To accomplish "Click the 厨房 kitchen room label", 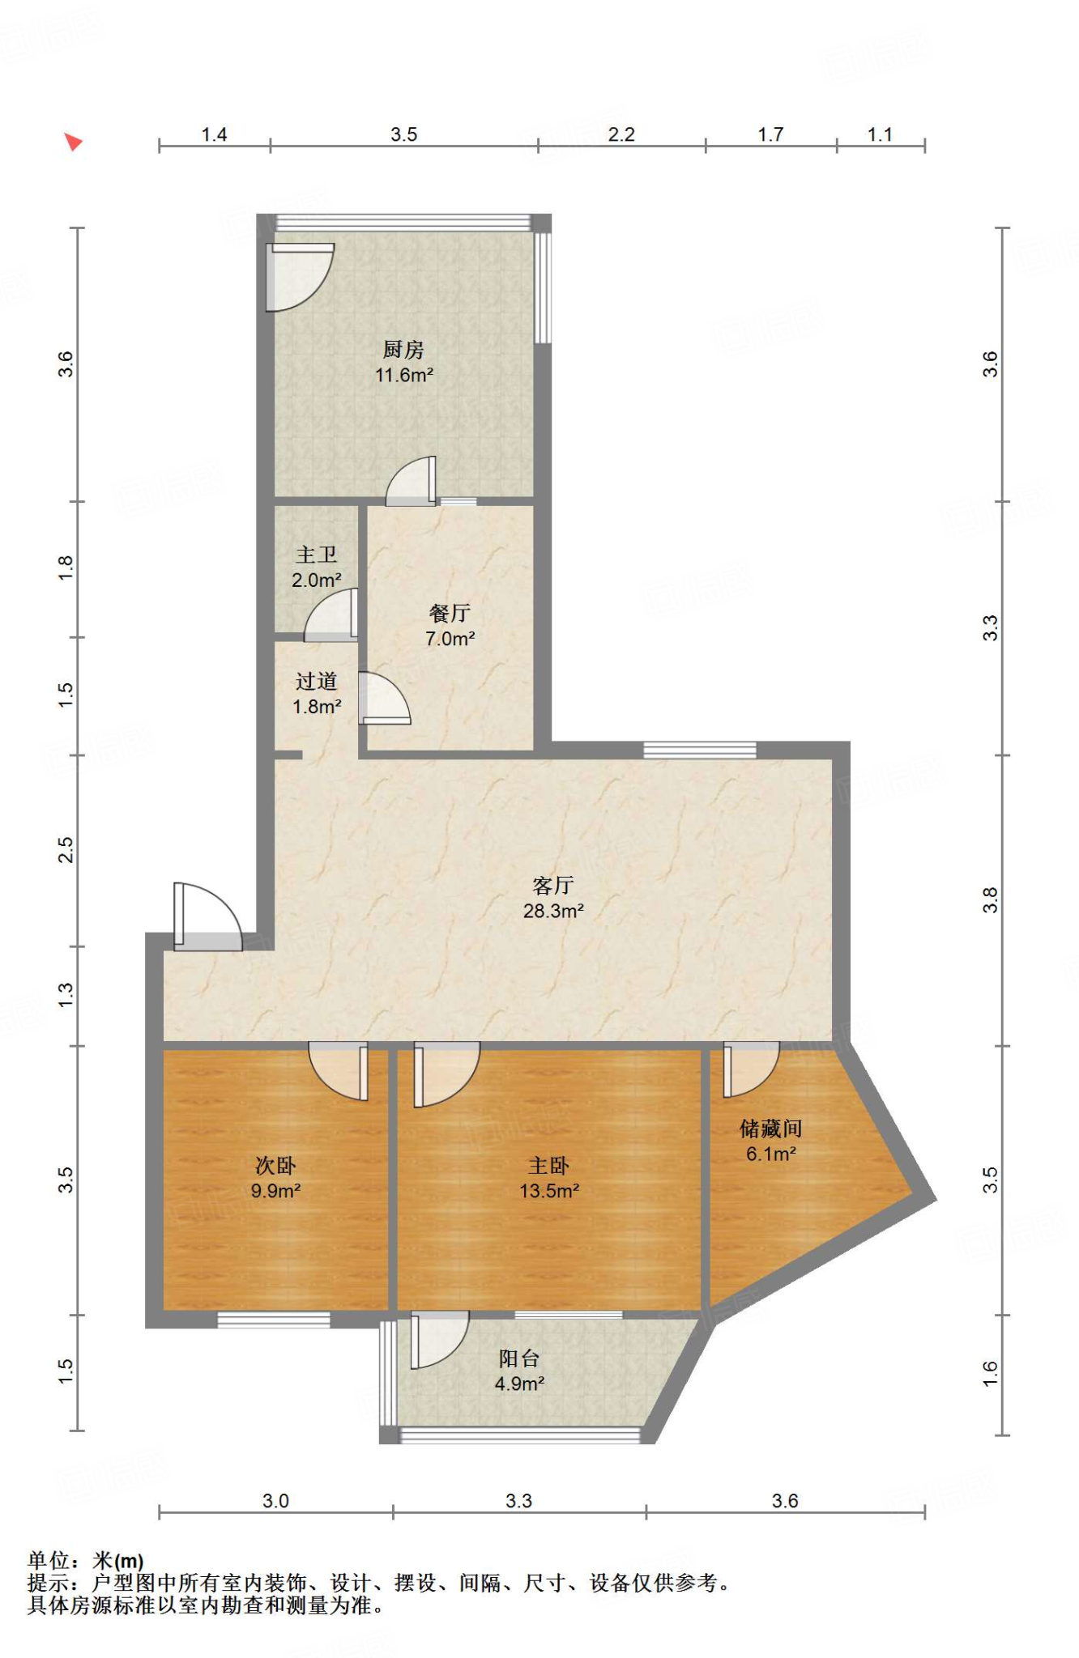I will pos(403,350).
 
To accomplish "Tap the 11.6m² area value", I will pos(403,375).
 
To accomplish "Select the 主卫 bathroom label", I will pos(316,555).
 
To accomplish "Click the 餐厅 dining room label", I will pos(450,613).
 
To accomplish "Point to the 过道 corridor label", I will pos(316,681).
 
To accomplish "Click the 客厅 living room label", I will pos(553,885).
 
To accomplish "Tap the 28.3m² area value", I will pos(553,911).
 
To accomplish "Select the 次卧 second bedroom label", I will pos(275,1165).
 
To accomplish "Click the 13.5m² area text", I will pos(549,1191).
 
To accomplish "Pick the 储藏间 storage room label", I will pos(770,1128).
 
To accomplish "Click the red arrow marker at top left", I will pos(73,142).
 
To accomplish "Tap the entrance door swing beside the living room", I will pos(208,916).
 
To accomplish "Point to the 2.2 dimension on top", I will pos(621,134).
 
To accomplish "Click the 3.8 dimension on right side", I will pos(990,899).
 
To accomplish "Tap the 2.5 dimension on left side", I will pos(66,850).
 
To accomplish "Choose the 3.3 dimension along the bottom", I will pos(518,1501).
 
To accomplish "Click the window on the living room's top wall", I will pos(700,750).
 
